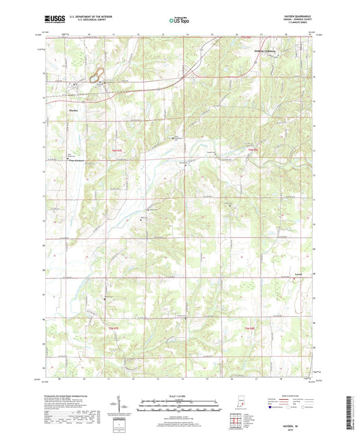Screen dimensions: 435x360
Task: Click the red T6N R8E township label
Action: tap(252, 149)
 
